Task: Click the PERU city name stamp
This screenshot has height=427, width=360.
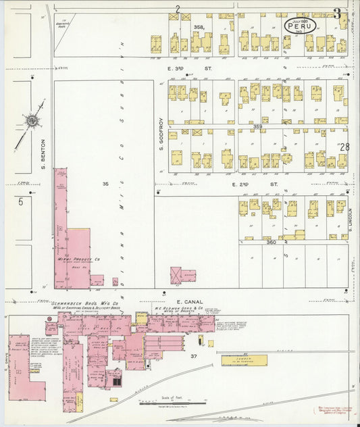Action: coord(299,25)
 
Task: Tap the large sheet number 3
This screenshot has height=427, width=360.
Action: coord(336,13)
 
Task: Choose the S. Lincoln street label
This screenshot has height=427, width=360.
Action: coord(352,216)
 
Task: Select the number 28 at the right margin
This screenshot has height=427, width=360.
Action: coord(345,147)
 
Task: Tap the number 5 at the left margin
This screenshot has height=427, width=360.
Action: coord(21,201)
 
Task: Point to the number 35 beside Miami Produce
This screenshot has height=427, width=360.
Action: coord(105,184)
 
